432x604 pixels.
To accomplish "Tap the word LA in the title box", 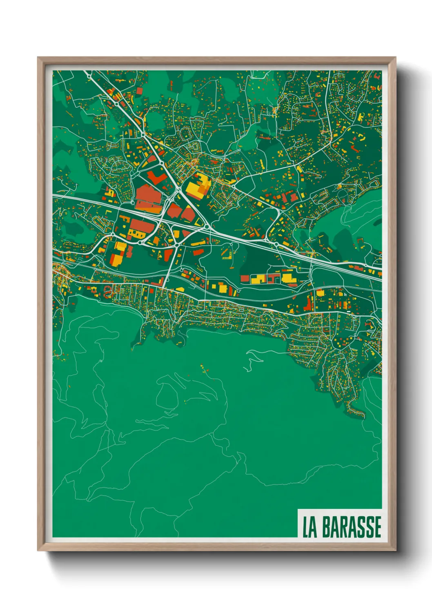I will pos(310,527).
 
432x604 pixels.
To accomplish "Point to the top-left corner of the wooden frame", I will pos(38,58).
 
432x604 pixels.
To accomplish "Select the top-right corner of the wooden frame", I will pos(395,58).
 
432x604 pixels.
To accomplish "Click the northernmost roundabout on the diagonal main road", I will pos(116,104).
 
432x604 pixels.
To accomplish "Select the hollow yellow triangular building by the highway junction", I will pos(199,222).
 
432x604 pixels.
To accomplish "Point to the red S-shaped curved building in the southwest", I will pos(107,291).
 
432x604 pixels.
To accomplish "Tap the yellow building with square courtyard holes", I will pos(134,234).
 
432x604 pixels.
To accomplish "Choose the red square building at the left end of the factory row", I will pos(245,278).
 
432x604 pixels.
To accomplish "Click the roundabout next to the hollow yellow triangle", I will pos(207,227).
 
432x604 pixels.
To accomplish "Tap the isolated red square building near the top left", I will pos(139,90).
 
